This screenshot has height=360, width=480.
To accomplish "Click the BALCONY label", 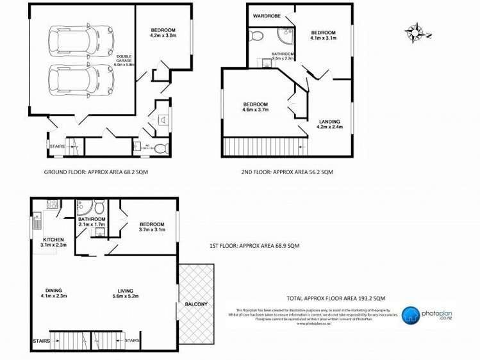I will (196, 304).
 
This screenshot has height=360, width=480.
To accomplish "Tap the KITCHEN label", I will (53, 241).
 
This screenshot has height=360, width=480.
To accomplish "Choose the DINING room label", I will (54, 291).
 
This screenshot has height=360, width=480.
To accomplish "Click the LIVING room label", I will (125, 291).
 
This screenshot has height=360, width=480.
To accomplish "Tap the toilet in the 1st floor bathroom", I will (99, 209).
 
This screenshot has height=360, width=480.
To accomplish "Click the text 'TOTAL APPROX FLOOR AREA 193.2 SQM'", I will (336, 298).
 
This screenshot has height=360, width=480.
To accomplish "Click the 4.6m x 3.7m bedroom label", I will (255, 107).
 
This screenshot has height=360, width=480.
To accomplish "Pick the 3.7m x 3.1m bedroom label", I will (152, 226).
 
